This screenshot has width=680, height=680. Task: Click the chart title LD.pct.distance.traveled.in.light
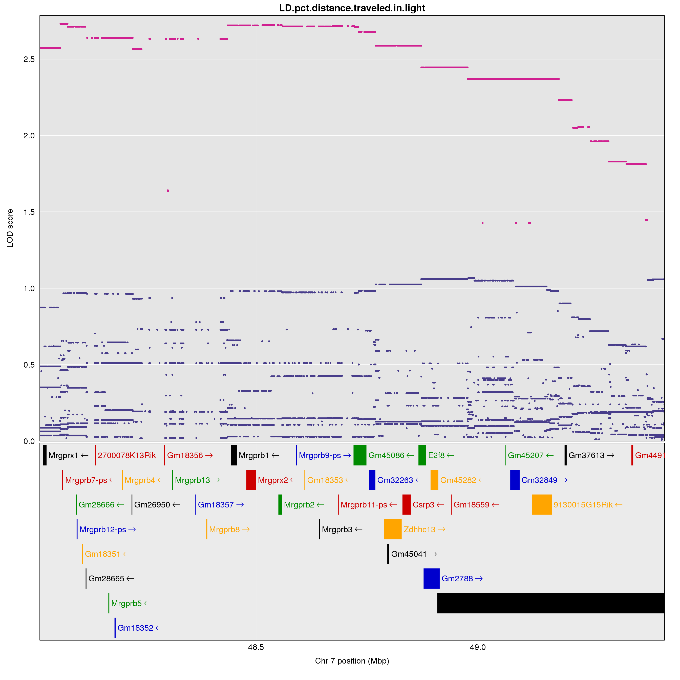[352, 8]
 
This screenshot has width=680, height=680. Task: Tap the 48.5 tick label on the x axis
[256, 647]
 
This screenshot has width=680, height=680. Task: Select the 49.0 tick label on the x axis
[478, 647]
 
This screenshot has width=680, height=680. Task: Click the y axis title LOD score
[10, 228]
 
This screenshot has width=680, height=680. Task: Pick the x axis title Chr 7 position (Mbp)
[352, 661]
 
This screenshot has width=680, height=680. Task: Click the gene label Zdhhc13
[419, 529]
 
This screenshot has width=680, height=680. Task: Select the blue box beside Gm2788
[431, 578]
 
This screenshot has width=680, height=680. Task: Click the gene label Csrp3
[423, 505]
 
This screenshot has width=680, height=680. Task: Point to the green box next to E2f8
[422, 455]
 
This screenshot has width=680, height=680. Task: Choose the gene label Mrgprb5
[126, 603]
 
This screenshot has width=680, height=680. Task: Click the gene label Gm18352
[136, 628]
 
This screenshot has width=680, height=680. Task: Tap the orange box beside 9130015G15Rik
[541, 504]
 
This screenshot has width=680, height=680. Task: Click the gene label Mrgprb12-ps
[103, 529]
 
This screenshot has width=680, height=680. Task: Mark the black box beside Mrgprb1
[234, 455]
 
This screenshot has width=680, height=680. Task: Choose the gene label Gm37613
[586, 455]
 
